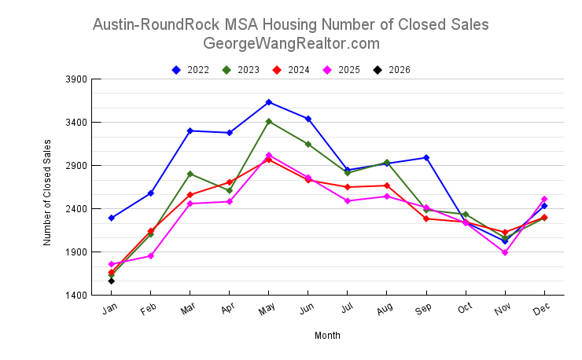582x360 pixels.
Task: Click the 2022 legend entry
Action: (190, 70)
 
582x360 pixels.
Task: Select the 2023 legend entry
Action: (241, 70)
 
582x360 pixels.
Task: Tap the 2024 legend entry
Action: (291, 70)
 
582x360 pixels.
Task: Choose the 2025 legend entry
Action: (341, 70)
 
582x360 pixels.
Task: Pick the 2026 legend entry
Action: (392, 70)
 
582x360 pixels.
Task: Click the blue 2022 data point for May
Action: (269, 102)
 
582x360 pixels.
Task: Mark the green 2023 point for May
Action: (269, 122)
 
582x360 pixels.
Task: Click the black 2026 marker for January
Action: (112, 281)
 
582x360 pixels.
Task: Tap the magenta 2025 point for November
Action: (505, 252)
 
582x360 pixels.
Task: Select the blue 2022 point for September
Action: (426, 158)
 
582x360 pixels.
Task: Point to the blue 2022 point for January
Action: (112, 218)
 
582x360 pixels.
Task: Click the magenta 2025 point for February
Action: (151, 255)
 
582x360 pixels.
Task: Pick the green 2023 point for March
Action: (190, 174)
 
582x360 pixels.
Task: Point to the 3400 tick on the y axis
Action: (76, 123)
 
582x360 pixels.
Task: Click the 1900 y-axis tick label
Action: (76, 252)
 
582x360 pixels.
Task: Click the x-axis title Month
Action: (327, 336)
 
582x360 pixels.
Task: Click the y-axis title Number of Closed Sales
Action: (48, 193)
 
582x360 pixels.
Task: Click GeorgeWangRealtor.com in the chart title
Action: (291, 43)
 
